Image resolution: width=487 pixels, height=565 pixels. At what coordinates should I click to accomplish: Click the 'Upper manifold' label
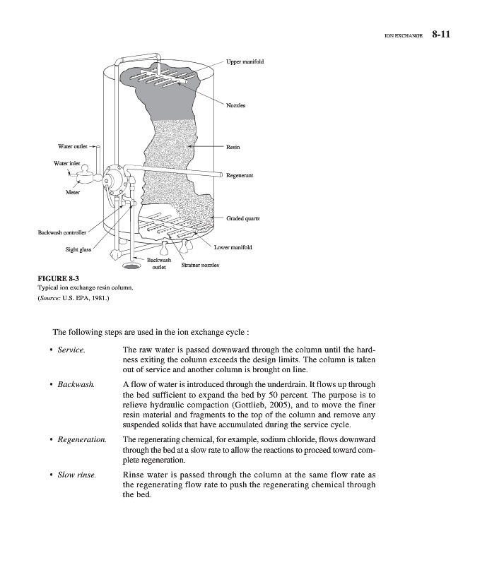tap(245, 61)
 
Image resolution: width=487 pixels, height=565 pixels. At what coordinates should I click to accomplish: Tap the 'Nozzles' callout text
tap(235, 105)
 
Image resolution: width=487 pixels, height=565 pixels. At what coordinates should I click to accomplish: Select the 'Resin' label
tap(233, 147)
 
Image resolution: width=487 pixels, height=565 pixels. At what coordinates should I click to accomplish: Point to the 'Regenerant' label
tap(240, 174)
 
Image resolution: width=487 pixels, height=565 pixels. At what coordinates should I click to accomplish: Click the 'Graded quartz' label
tap(244, 219)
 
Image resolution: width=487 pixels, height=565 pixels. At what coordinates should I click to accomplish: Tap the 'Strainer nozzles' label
tap(200, 265)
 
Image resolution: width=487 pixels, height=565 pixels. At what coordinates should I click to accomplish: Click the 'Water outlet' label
tap(72, 146)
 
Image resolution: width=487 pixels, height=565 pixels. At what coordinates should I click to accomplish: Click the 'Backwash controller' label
tap(62, 232)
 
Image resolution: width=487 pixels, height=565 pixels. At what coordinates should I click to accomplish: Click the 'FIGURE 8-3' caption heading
tap(58, 278)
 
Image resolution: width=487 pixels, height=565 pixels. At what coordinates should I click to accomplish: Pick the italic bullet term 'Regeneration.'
tap(81, 440)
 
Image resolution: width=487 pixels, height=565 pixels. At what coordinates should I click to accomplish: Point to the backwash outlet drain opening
tap(131, 266)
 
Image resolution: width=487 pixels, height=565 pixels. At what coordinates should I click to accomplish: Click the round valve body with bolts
tap(112, 177)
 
